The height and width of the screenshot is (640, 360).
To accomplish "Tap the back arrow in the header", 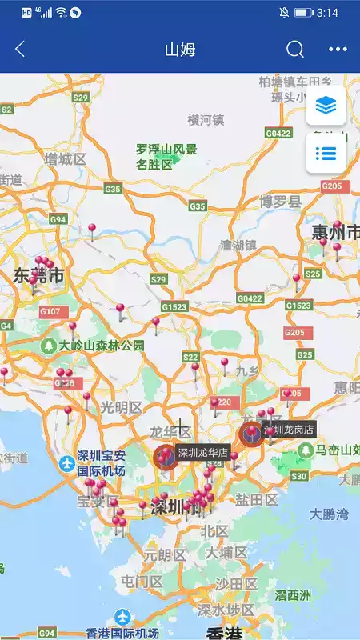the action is click(20, 49).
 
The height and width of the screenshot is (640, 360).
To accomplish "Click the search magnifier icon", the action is click(295, 49).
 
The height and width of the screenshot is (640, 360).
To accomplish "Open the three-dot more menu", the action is click(338, 49).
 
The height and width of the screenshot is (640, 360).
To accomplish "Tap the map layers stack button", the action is click(326, 106).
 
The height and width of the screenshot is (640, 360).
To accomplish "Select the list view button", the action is click(326, 153).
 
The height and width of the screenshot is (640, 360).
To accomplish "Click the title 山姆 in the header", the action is click(180, 49).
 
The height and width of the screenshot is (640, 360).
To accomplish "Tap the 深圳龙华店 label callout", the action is click(203, 453).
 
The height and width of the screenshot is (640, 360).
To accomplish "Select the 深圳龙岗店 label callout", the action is click(290, 430).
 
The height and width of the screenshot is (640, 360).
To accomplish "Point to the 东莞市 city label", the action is click(38, 276).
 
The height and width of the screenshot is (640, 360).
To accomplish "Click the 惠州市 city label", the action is click(335, 233).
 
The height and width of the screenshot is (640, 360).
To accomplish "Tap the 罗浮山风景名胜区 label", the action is click(166, 157).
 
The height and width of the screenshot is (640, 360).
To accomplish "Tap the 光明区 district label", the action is click(121, 407).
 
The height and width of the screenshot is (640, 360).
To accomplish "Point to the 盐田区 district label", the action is click(257, 500).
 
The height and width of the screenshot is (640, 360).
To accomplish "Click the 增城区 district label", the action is click(66, 159).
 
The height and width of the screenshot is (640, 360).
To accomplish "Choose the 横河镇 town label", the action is click(206, 120).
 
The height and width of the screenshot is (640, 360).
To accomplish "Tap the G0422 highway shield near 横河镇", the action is click(278, 133).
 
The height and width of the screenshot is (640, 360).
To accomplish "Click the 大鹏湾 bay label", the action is click(330, 514).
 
